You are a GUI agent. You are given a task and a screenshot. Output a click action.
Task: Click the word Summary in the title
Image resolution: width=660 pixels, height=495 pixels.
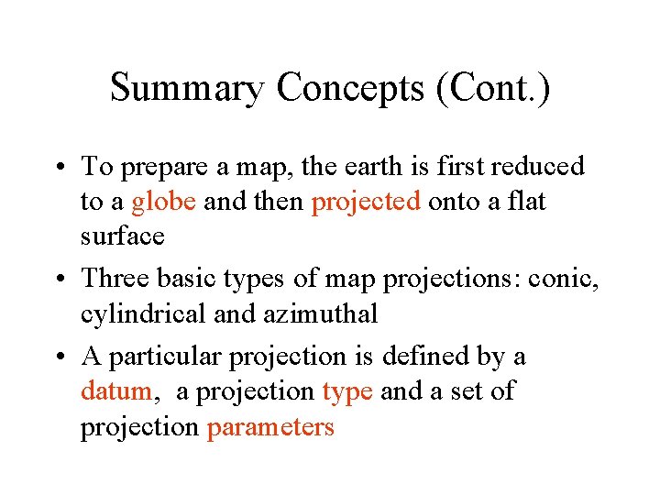187,89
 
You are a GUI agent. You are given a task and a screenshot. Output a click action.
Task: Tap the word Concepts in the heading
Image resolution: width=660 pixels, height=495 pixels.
348,89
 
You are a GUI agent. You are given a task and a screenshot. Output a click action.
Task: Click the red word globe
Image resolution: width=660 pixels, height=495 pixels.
163,202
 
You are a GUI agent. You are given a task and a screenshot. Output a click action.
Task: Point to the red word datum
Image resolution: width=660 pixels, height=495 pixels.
117,392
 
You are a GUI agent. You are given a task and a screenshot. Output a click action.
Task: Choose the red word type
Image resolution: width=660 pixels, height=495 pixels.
347,392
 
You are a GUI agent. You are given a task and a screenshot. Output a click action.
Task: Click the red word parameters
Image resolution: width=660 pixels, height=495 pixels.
270,427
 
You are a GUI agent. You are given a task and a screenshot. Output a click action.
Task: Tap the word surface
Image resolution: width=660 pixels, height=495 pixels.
123,236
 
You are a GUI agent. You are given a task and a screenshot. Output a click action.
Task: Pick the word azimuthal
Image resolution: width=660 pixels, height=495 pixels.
320,314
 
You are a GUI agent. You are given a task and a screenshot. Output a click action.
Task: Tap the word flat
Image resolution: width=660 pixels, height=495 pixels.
526,202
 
